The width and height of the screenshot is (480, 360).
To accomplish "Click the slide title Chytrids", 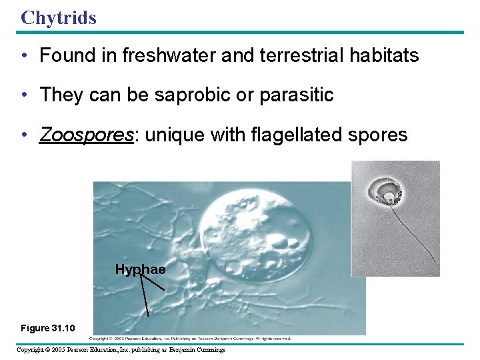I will [59, 17].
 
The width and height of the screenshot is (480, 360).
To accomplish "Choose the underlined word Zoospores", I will [85, 135].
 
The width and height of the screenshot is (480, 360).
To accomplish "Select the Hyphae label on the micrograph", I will [140, 269].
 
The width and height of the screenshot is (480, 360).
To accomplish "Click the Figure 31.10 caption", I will [47, 328].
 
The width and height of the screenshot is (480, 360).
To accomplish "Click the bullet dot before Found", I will [25, 56].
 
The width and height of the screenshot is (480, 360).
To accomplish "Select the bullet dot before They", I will [25, 96].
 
